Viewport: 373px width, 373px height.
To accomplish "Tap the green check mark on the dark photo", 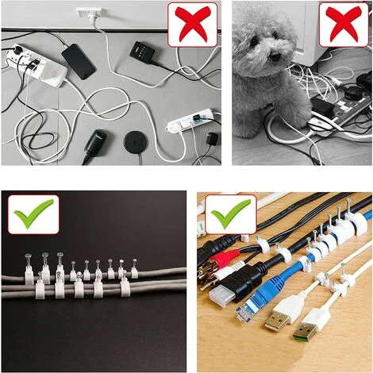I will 33,213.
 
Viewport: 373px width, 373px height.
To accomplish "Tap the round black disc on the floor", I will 134,144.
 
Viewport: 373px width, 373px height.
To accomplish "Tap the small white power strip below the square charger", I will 191,123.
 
